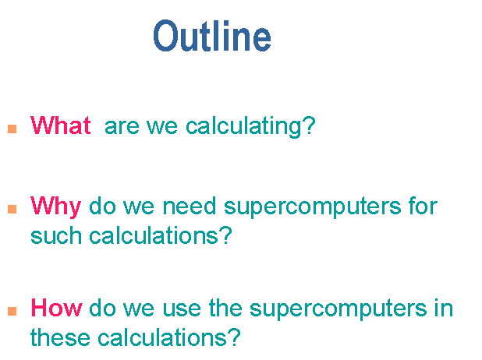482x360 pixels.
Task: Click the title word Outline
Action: click(x=212, y=36)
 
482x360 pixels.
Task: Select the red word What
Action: click(x=61, y=125)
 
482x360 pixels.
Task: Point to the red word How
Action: click(x=57, y=308)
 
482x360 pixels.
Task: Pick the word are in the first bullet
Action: click(x=122, y=127)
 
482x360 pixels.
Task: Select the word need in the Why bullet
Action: click(x=190, y=206)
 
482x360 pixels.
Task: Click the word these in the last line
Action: click(x=61, y=337)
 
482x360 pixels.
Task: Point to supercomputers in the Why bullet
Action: click(x=312, y=207)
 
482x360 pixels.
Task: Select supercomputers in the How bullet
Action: click(x=338, y=309)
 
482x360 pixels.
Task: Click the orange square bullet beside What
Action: click(x=12, y=129)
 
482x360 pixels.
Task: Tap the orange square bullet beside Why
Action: click(x=12, y=209)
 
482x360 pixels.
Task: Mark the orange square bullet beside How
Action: click(x=12, y=311)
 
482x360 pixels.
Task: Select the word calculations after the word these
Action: click(x=162, y=337)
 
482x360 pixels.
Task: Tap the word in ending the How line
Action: click(x=444, y=308)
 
